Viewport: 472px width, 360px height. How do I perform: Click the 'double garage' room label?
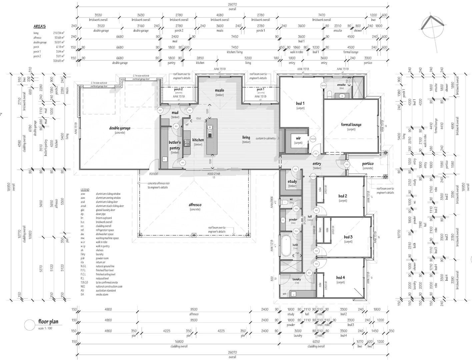pyautogui.click(x=120, y=128)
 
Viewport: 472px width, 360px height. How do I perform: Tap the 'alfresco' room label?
pyautogui.click(x=195, y=205)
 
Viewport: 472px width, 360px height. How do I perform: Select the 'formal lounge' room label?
pyautogui.click(x=351, y=125)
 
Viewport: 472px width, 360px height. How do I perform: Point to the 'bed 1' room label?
pyautogui.click(x=300, y=104)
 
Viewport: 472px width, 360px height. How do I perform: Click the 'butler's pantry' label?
pyautogui.click(x=175, y=145)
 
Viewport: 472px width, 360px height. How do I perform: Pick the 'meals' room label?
pyautogui.click(x=219, y=90)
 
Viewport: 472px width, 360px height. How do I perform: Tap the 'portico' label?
pyautogui.click(x=368, y=164)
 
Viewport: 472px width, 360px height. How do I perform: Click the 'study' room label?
pyautogui.click(x=292, y=182)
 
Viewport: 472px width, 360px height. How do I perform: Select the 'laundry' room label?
pyautogui.click(x=297, y=279)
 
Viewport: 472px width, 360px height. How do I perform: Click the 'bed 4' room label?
pyautogui.click(x=340, y=277)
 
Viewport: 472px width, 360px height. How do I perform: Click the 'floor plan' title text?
pyautogui.click(x=48, y=322)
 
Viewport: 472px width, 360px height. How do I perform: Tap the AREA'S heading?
pyautogui.click(x=40, y=27)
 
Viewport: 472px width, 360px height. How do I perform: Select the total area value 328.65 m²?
pyautogui.click(x=59, y=61)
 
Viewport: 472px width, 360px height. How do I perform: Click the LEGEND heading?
pyautogui.click(x=85, y=190)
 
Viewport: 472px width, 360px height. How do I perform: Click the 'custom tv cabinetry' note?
pyautogui.click(x=266, y=138)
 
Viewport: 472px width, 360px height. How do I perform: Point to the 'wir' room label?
pyautogui.click(x=298, y=138)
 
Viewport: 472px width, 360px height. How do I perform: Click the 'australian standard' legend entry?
pyautogui.click(x=105, y=290)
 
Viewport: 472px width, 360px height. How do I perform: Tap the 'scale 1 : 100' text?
pyautogui.click(x=45, y=328)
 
